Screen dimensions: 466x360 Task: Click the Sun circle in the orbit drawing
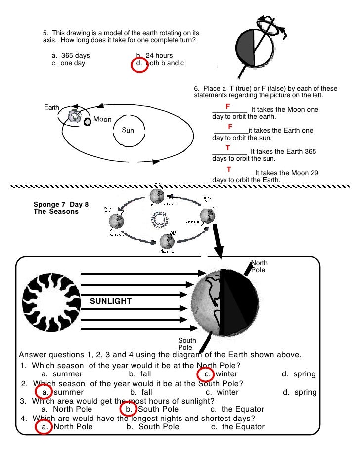128,131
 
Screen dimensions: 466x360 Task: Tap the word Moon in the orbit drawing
102,120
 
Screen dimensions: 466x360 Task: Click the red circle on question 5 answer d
140,64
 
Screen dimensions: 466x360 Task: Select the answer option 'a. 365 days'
71,56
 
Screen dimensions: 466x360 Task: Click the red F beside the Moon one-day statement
228,107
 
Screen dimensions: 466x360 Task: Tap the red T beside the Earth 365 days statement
228,148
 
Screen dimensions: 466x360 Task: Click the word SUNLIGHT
111,301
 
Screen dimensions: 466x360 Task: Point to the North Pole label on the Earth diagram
259,266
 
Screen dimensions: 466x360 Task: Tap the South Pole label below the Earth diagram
187,344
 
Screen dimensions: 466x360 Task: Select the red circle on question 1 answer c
205,374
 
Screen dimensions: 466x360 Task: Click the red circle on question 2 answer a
44,392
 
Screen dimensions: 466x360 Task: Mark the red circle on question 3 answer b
128,409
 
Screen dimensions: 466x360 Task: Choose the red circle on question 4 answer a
44,427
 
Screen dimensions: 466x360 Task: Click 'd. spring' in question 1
298,374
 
